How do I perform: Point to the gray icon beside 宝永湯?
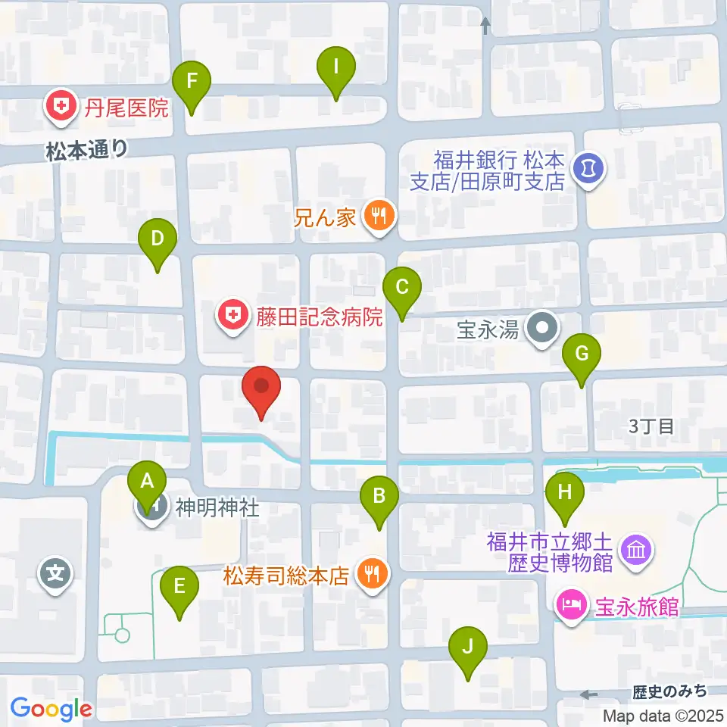pos(543,330)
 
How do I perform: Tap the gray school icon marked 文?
pos(57,575)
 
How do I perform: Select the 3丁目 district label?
pos(651,426)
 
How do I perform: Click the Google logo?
pos(51,709)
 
